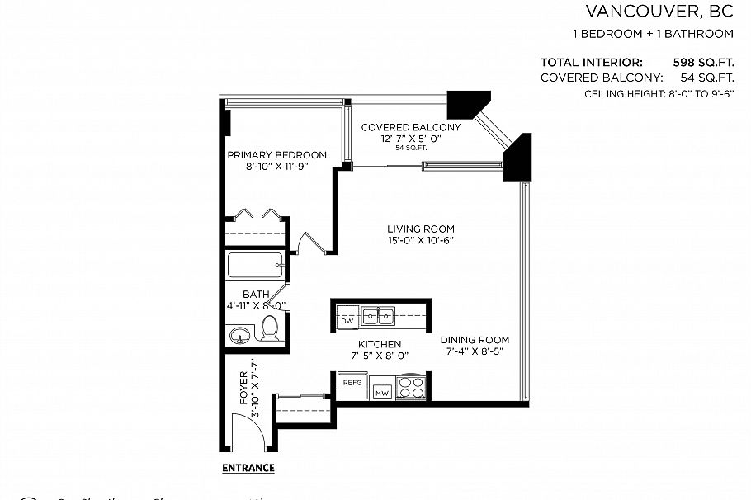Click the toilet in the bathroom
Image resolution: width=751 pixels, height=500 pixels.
coord(270,330)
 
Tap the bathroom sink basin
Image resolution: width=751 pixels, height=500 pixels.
coord(240,336)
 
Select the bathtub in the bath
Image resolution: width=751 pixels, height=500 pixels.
coord(255,266)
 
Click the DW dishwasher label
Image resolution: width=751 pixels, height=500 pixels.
coord(347,320)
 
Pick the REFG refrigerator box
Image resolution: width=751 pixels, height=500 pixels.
coord(352,382)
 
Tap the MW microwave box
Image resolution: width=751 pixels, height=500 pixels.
coord(382,392)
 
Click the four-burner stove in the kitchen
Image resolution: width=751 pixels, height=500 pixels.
coord(411,387)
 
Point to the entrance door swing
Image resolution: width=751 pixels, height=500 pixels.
coord(246,432)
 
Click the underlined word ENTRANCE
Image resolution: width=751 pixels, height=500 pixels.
coord(248,468)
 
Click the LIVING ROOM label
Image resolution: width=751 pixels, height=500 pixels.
coord(421,229)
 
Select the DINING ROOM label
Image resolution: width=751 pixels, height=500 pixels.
coord(475,340)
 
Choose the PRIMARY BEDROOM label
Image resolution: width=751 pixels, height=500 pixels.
coord(276,155)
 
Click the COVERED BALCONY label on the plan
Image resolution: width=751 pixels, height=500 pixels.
coord(411,128)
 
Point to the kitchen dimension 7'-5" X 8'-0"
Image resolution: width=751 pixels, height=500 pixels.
coord(380,356)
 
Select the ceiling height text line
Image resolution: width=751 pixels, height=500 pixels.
coord(659,94)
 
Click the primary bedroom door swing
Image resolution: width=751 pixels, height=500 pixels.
coord(307,242)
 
